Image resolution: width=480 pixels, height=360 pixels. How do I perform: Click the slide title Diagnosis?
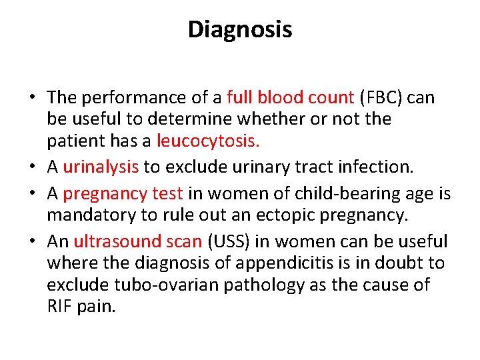(x=240, y=30)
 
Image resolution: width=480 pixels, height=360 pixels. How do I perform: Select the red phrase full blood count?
(x=290, y=98)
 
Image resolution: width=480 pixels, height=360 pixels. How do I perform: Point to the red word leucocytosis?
(x=208, y=141)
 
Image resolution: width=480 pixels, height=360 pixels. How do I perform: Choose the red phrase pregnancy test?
(x=123, y=194)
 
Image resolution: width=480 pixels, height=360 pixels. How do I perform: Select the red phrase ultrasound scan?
(x=137, y=241)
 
